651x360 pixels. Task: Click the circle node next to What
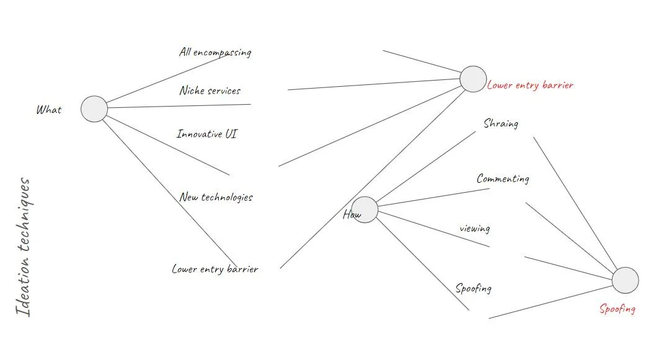point(94,109)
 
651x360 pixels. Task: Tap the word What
point(49,110)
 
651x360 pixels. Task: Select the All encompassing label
point(215,53)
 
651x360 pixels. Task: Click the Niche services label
point(210,91)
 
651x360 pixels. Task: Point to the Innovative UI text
point(206,134)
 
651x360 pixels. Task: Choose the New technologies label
point(216,198)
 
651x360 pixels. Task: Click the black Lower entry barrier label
point(215,270)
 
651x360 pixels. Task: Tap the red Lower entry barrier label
point(530,86)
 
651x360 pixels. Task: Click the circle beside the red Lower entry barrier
point(473,79)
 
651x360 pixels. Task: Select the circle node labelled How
point(365,210)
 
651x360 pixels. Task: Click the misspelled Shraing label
point(501,124)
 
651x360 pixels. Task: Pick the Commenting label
point(503,179)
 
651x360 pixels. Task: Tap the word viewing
point(475,229)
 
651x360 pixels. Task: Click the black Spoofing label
point(474,289)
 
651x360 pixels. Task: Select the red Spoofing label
point(617,309)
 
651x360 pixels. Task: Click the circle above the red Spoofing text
point(625,281)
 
